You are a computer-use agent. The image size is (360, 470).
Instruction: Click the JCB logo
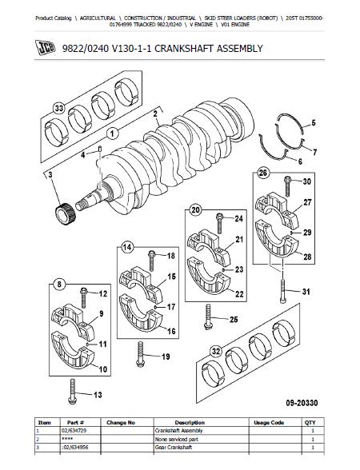click(46, 47)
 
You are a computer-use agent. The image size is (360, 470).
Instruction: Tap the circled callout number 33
click(58, 108)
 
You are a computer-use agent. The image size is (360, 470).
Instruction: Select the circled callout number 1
click(113, 133)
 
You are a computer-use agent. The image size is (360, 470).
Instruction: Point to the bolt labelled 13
click(72, 392)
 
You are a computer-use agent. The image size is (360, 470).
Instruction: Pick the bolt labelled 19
click(140, 353)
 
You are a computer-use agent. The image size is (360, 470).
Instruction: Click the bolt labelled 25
click(208, 317)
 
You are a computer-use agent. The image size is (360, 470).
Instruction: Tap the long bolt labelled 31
click(283, 291)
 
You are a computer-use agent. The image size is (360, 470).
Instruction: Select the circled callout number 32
click(216, 352)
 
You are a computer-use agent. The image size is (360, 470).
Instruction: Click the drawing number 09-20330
click(302, 403)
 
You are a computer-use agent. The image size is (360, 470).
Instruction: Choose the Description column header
click(190, 423)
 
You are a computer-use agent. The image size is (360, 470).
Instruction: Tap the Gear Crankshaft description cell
click(174, 448)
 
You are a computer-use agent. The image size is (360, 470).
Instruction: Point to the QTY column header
click(310, 423)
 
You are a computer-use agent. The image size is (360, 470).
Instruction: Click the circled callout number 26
click(262, 173)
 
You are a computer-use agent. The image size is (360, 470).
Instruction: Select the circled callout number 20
click(195, 210)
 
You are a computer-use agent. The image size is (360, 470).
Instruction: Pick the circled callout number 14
click(127, 247)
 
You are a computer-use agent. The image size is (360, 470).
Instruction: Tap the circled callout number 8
click(59, 285)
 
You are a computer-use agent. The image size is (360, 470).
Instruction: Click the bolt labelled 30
click(287, 186)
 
